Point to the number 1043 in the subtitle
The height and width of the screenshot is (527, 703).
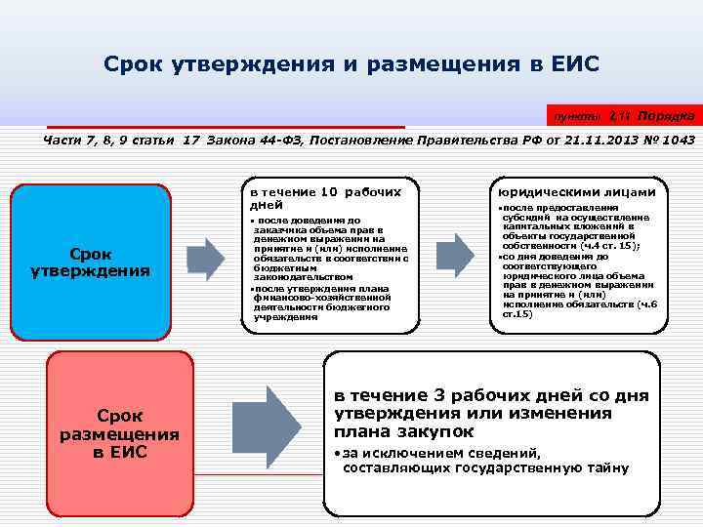pyautogui.click(x=677, y=141)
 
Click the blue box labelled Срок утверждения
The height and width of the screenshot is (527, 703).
pyautogui.click(x=90, y=261)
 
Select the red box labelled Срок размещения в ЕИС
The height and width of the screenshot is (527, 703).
pyautogui.click(x=119, y=432)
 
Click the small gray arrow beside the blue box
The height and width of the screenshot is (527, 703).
pyautogui.click(x=205, y=260)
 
